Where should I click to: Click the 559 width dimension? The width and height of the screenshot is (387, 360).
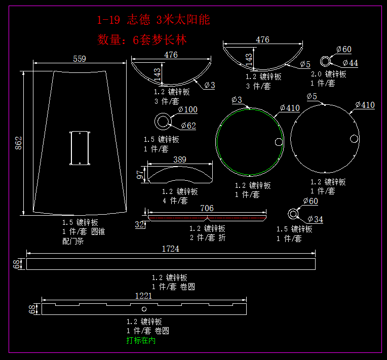(x=80, y=59)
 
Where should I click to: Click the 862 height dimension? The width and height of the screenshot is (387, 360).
(x=19, y=143)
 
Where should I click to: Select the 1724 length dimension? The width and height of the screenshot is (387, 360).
(x=170, y=249)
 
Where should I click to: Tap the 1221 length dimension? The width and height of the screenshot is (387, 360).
(x=144, y=296)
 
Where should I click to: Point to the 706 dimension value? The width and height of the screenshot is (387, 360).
(x=207, y=208)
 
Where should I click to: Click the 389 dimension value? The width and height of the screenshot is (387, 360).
(x=179, y=159)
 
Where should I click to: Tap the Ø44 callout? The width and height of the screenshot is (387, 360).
(x=350, y=63)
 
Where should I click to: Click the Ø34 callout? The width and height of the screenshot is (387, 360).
(x=315, y=220)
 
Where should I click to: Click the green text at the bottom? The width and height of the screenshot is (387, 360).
(x=141, y=341)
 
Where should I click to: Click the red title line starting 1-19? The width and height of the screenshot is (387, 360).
(x=153, y=20)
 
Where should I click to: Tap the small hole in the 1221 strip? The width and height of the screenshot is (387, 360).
(x=144, y=309)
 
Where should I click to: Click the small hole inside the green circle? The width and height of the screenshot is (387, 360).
(x=279, y=142)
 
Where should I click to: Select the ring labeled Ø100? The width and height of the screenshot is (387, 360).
(x=163, y=122)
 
